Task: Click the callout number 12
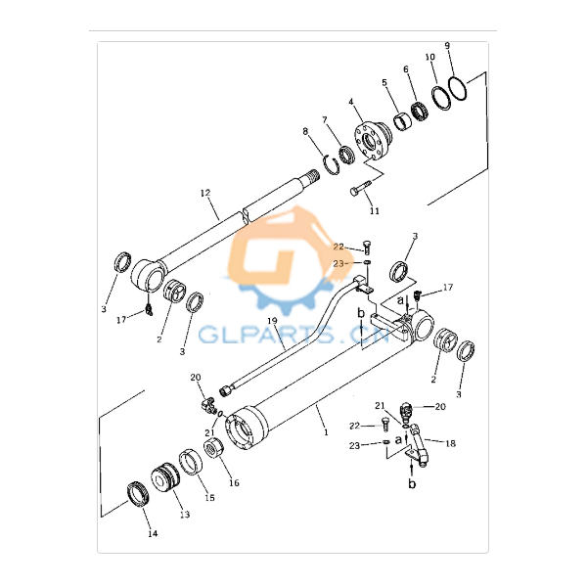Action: click(205, 193)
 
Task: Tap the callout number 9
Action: click(447, 46)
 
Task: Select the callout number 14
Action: click(153, 534)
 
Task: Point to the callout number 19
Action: click(272, 321)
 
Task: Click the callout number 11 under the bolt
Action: click(375, 211)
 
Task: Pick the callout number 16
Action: click(234, 483)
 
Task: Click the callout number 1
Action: click(326, 432)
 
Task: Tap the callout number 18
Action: click(450, 443)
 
